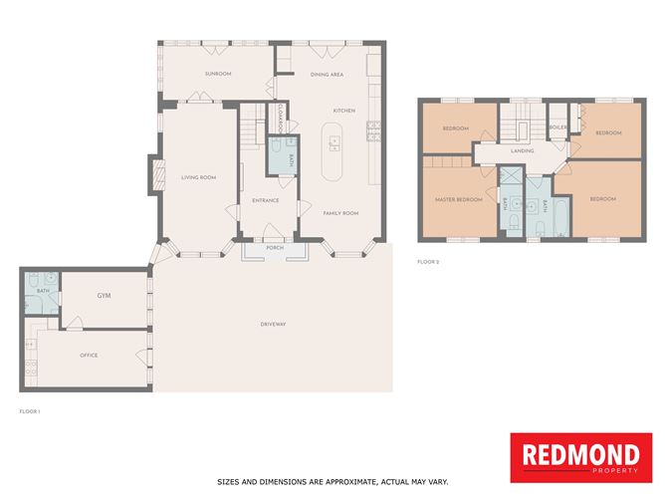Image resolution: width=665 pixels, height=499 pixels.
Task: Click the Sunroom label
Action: coord(217,75)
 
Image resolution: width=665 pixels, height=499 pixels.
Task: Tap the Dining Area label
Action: coord(327,75)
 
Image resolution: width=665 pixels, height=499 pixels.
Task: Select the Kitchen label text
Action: coord(344,111)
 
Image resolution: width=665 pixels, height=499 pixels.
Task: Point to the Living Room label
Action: coord(198,178)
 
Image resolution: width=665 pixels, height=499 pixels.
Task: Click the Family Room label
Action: coord(340,213)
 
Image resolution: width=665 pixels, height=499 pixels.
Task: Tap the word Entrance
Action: coord(265,200)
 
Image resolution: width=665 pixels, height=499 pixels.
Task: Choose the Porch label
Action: coord(274,248)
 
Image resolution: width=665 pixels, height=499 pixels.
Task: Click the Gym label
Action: coord(104,297)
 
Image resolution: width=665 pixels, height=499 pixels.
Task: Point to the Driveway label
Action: coord(273,325)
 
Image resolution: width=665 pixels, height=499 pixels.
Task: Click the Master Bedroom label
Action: coord(458,199)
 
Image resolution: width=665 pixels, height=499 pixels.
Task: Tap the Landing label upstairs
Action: coord(523,151)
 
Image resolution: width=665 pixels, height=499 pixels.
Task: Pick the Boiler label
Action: coord(557,127)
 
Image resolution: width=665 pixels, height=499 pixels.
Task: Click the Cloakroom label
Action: coord(283,121)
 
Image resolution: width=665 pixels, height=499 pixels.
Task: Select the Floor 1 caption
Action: coord(29,410)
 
